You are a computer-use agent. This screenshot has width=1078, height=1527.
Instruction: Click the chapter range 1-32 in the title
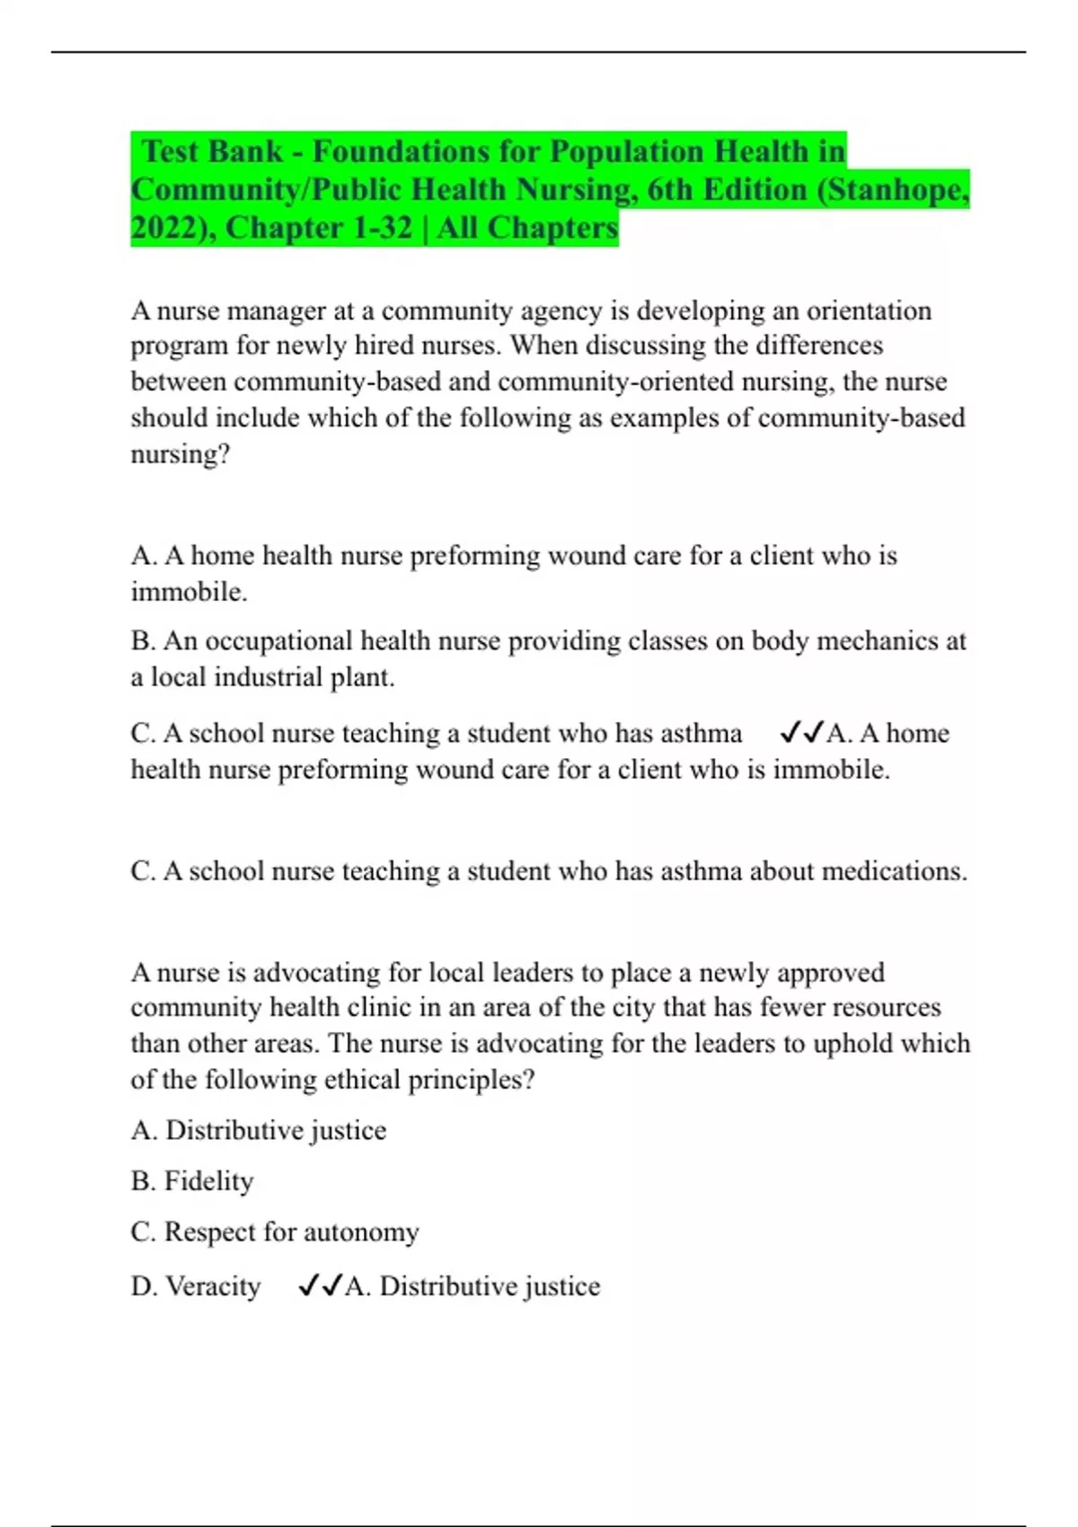pyautogui.click(x=382, y=228)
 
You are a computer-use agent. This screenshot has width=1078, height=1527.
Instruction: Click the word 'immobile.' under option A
pyautogui.click(x=189, y=592)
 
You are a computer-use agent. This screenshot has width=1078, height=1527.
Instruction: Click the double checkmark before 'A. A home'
pyautogui.click(x=801, y=734)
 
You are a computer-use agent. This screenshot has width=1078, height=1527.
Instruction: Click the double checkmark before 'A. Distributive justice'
pyautogui.click(x=320, y=1286)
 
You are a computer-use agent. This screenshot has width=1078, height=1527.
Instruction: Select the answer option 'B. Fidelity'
pyautogui.click(x=192, y=1181)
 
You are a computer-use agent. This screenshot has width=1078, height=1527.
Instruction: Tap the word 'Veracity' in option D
pyautogui.click(x=213, y=1286)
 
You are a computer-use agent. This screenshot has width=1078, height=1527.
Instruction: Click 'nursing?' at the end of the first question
pyautogui.click(x=181, y=455)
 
